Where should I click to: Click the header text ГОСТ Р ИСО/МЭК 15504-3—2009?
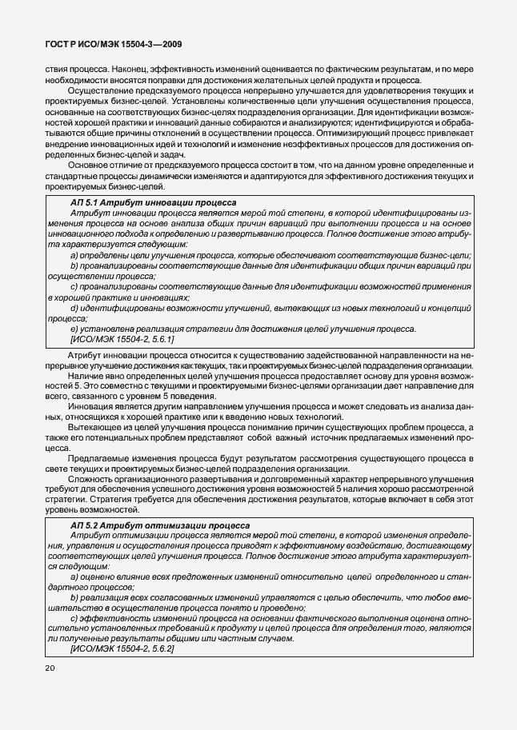coord(109,47)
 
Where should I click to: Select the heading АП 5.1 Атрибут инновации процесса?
coord(153,203)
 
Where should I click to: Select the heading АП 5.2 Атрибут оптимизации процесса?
coord(160,525)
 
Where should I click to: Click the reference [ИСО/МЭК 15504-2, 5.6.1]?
coord(122,339)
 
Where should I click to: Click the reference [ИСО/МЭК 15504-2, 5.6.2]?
coord(122,648)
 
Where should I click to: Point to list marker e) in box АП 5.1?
coord(74,329)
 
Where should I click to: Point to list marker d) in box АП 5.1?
coord(74,308)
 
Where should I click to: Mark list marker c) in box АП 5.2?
coord(74,617)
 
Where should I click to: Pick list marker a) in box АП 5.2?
coord(74,576)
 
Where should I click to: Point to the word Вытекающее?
coord(96,429)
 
